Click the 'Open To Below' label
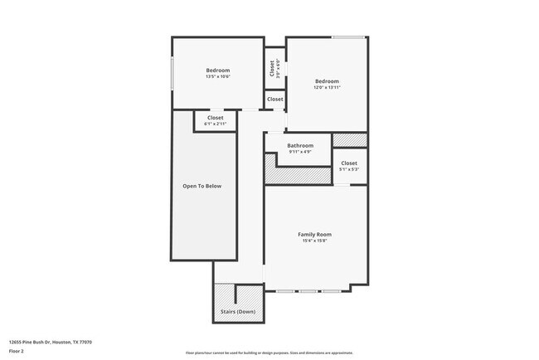202,186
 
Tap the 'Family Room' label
315,235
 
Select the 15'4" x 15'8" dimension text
315,242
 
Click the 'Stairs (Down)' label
238,312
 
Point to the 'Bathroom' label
300,145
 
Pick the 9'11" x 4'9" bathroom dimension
300,152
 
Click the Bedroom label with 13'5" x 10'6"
218,71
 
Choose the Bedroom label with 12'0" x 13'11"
327,81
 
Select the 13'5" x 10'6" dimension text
218,77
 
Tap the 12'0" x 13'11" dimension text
327,88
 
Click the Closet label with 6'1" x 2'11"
215,118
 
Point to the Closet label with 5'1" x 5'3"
349,163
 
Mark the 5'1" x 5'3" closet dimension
349,170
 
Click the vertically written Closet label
271,68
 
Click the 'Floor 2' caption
17,351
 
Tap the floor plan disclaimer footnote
269,352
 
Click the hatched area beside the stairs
224,294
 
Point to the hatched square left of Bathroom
270,169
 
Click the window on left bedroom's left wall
172,74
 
